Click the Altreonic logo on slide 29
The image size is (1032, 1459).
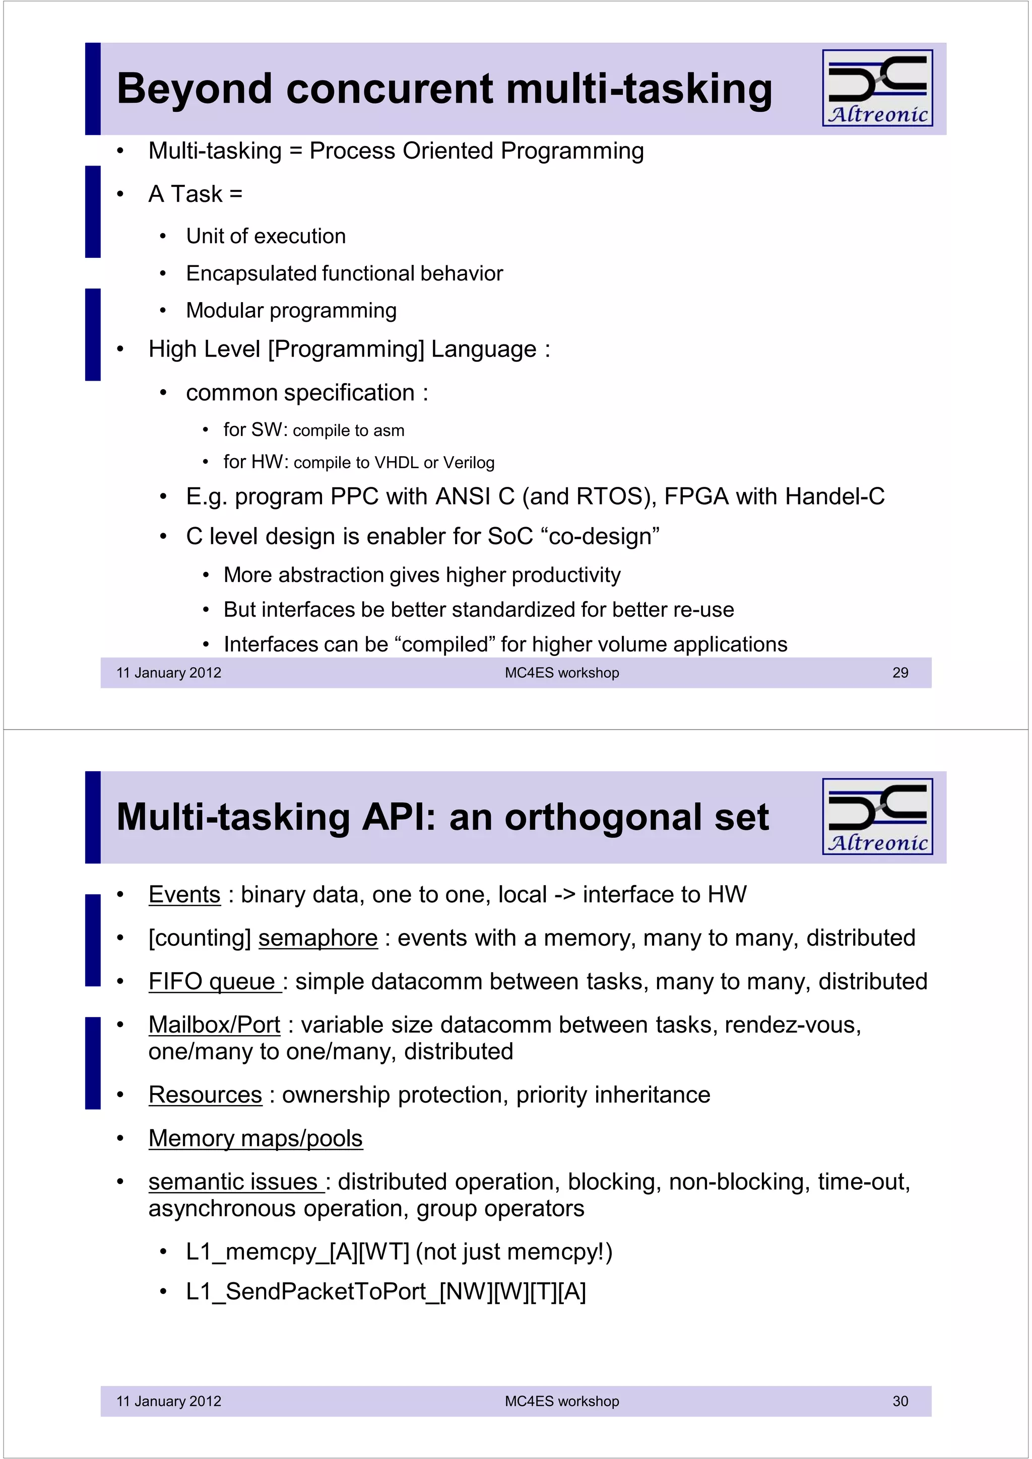tap(877, 88)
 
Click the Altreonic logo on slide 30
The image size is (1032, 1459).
tap(877, 816)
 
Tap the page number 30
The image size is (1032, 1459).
tap(900, 1401)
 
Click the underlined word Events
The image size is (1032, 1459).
tap(184, 894)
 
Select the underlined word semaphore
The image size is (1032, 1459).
tap(318, 938)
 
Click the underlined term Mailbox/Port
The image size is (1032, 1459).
tap(214, 1025)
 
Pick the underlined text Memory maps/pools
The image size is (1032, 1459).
tap(255, 1138)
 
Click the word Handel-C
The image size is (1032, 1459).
tap(835, 496)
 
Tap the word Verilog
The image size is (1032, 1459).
tap(469, 463)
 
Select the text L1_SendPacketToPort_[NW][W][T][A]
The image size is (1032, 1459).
tap(385, 1291)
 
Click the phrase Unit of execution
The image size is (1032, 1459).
tap(266, 237)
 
